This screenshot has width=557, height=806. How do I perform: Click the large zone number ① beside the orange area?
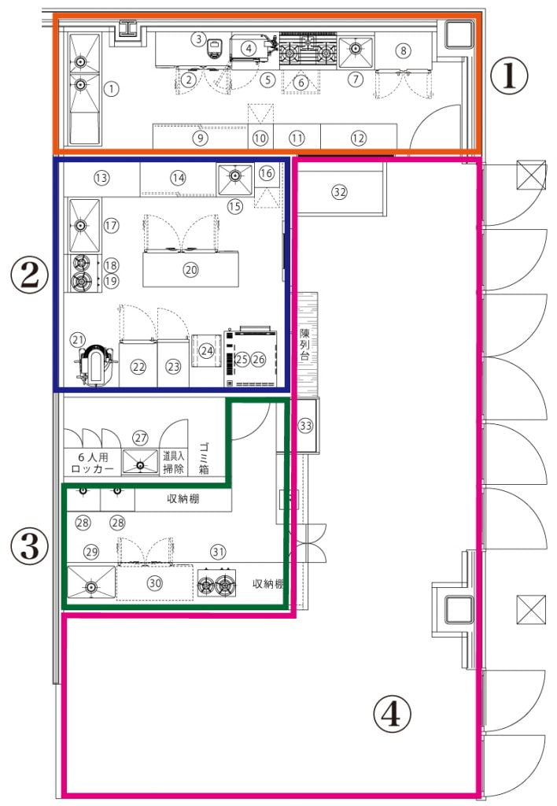[x=509, y=76]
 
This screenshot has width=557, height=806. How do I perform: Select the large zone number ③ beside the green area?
[x=29, y=545]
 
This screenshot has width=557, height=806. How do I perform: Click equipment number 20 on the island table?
[x=190, y=269]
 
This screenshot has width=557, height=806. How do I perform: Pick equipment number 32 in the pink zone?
[x=339, y=192]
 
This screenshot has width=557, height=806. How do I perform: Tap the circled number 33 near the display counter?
[x=306, y=426]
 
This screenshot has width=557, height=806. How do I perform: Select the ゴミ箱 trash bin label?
[x=204, y=458]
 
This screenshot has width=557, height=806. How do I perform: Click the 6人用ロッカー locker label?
[x=93, y=463]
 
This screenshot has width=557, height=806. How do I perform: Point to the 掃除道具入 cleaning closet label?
[x=173, y=462]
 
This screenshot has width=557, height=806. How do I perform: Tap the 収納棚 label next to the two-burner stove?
[x=268, y=584]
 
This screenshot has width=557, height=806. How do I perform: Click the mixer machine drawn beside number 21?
[x=95, y=364]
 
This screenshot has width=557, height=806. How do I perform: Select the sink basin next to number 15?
[x=234, y=179]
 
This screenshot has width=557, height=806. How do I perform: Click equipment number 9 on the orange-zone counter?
[x=200, y=138]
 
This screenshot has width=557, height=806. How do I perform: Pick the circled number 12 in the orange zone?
[x=358, y=138]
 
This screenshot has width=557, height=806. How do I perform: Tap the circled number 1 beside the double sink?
[x=112, y=88]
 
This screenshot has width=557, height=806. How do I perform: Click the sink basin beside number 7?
[x=356, y=51]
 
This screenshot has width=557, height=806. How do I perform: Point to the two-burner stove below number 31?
[x=217, y=583]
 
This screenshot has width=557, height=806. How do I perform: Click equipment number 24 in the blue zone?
[x=207, y=350]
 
